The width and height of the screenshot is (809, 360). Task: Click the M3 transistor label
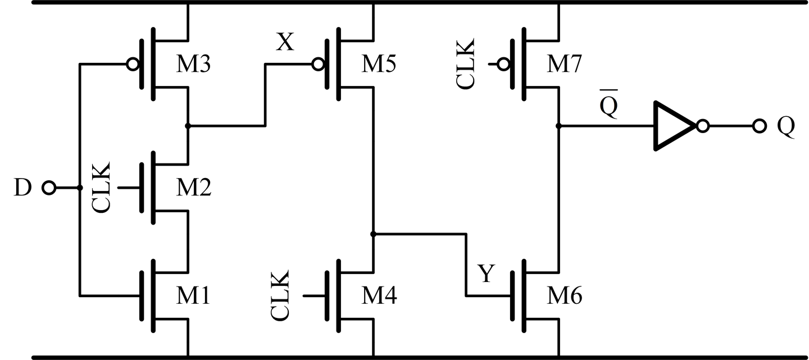tap(194, 65)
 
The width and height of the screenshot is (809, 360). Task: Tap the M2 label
tap(194, 188)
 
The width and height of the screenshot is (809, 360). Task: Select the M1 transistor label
tap(194, 295)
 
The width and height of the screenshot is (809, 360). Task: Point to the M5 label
tap(379, 65)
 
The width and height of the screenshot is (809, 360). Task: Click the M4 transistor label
tap(379, 295)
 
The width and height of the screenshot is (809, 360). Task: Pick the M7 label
tap(565, 65)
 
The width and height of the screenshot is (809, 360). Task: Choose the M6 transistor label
tap(565, 295)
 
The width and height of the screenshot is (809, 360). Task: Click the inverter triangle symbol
tap(673, 126)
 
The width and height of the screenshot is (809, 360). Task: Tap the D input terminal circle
tap(49, 188)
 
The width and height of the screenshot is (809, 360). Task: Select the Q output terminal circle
tap(759, 126)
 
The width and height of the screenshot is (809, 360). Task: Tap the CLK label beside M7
tap(466, 64)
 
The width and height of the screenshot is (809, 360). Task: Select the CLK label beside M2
tap(102, 188)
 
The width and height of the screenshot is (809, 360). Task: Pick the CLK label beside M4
tap(280, 295)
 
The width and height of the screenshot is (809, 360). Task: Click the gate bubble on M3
tap(133, 65)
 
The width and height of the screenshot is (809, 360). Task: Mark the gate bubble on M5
tap(318, 65)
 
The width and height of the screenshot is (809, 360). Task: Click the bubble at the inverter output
tap(702, 126)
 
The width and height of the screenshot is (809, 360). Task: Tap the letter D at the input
tap(22, 188)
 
